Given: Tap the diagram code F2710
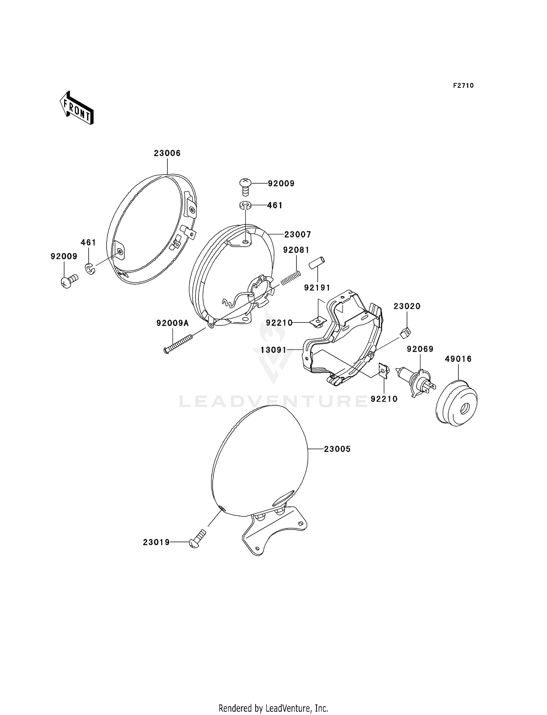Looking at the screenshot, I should [463, 86].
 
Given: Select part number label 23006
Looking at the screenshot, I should [167, 153].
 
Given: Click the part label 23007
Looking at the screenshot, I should [298, 234].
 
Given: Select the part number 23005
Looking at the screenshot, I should [337, 449].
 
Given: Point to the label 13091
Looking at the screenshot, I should [273, 350].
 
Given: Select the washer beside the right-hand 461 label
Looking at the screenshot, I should [245, 206].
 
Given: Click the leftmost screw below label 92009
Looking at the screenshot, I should [69, 281].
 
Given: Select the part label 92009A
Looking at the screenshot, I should [173, 323].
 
